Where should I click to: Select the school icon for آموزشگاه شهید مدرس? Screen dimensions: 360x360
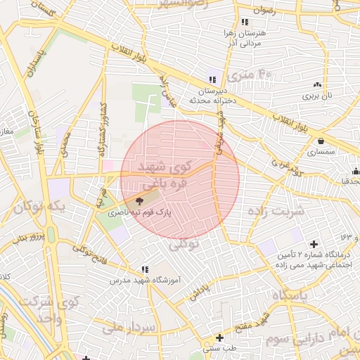[145, 269]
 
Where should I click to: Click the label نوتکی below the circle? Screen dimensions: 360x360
[185, 244]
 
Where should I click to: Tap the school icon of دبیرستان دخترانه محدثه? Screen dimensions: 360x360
[212, 79]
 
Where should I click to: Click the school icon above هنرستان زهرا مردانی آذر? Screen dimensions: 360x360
[244, 22]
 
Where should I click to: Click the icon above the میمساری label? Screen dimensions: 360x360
[321, 141]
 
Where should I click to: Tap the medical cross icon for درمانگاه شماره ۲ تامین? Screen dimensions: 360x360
[313, 243]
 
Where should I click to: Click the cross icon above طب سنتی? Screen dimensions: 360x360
[220, 337]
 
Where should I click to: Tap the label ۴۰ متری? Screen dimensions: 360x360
[255, 74]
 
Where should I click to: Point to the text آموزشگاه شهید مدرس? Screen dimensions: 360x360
[146, 280]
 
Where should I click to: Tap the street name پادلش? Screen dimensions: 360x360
[200, 290]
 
